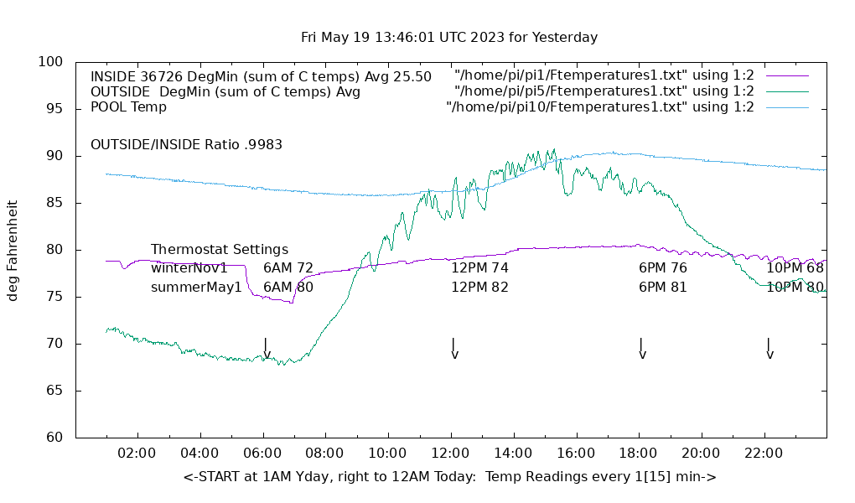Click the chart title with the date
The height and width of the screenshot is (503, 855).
449,38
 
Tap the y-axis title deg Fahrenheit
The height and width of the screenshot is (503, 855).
13,250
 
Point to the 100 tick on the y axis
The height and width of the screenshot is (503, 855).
51,62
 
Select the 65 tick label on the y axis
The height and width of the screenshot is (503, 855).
55,391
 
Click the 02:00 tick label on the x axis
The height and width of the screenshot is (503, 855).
137,454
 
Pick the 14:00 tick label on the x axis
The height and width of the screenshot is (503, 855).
513,454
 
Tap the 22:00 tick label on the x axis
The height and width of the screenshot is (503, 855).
764,454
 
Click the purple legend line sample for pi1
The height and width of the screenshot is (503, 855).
786,76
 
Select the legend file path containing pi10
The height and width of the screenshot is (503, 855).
600,106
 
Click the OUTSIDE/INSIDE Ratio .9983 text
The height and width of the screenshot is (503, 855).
186,144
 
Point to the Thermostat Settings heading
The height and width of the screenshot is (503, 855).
220,250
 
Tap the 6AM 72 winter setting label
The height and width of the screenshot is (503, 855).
288,268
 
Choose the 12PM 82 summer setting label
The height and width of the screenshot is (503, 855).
479,287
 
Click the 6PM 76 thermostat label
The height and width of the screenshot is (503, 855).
663,268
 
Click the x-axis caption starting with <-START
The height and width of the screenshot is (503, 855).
449,477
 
